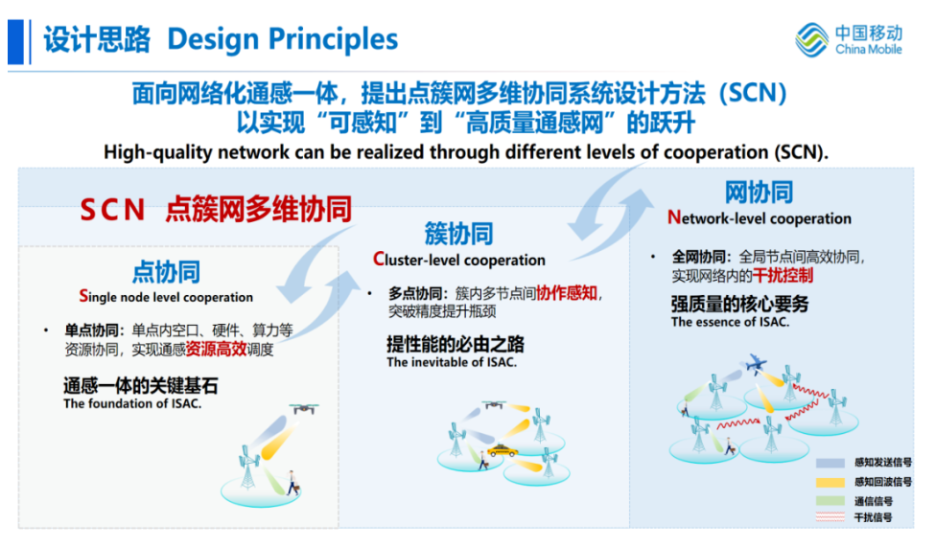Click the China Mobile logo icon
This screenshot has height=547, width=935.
811,40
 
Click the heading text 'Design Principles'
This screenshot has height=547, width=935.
282,40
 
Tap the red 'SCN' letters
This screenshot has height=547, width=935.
112,210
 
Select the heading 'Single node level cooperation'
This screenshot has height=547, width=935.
166,296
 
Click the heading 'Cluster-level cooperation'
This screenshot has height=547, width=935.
459,260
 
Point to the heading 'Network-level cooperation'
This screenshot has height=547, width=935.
760,218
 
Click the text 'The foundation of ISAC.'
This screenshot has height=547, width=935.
132,403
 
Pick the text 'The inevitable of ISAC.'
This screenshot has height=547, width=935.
452,362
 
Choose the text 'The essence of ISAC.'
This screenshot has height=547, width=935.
730,322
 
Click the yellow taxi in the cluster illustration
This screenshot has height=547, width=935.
503,450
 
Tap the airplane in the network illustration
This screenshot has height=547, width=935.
756,362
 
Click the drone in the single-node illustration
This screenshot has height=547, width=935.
304,408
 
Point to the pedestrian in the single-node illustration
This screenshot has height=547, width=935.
292,483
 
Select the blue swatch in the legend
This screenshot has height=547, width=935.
830,463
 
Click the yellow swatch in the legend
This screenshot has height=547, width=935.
830,482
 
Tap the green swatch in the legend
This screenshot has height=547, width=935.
830,500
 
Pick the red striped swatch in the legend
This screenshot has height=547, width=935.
830,516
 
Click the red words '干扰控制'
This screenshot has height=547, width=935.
783,275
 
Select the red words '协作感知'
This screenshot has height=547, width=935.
567,292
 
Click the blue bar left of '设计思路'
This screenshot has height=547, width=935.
15,42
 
